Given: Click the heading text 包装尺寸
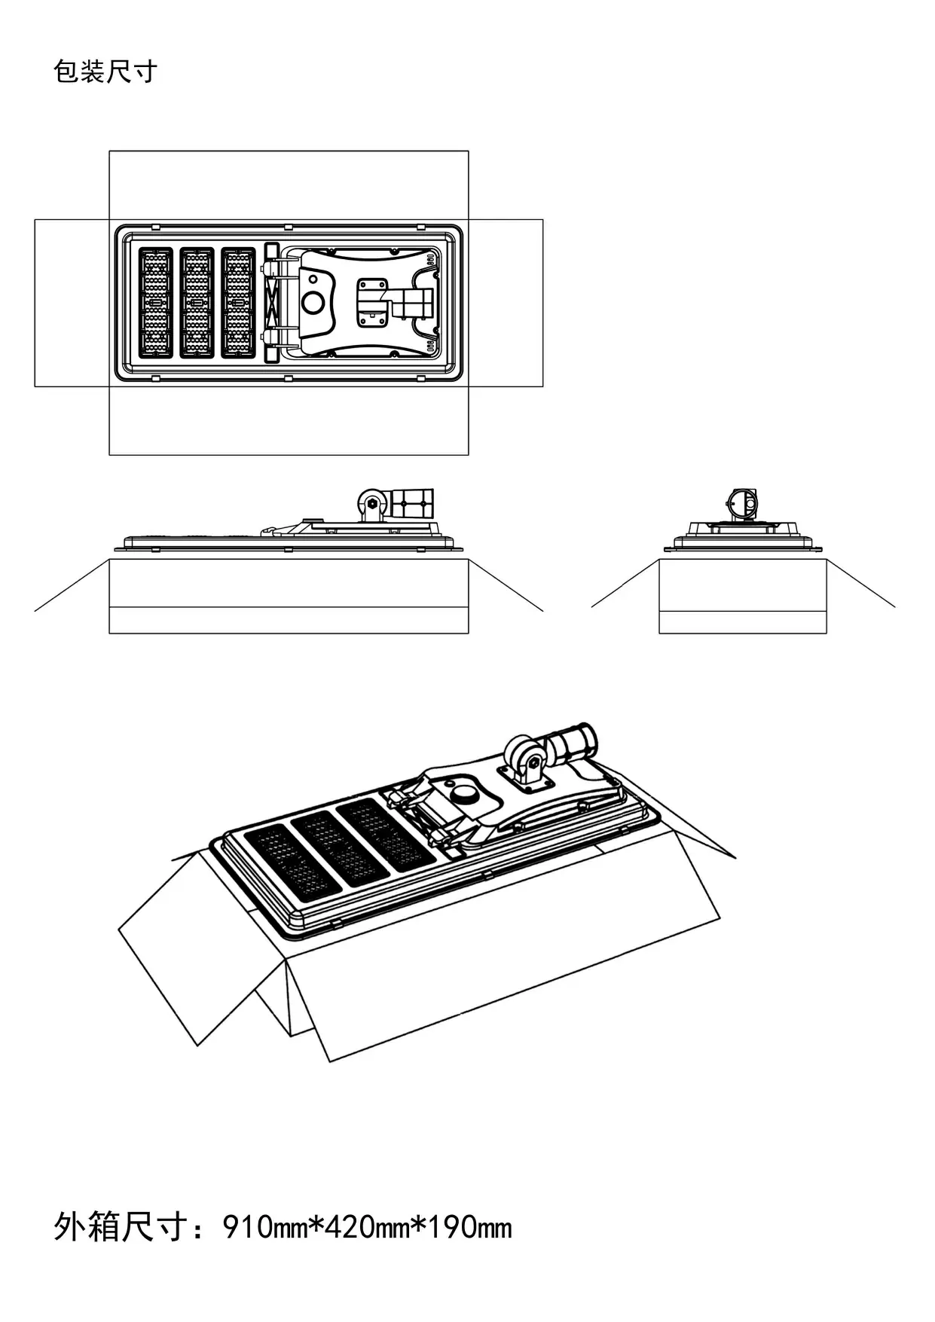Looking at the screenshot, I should click(105, 72).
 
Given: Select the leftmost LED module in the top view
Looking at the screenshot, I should click(156, 302).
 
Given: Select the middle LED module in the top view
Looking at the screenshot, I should click(197, 302).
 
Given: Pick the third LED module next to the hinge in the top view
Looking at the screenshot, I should click(238, 302).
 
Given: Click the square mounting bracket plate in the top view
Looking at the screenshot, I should click(371, 302).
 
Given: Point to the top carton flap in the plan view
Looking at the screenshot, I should click(289, 185).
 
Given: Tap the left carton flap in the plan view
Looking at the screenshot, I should click(72, 303).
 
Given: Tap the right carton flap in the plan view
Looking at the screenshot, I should click(506, 303).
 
